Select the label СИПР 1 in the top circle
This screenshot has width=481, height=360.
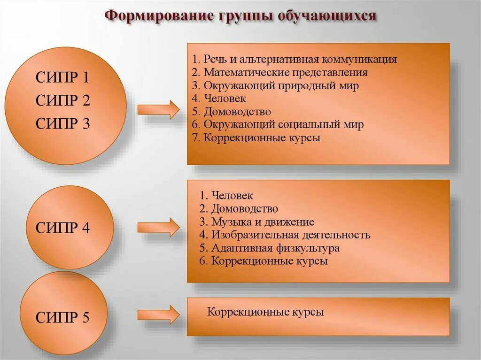pos(62,77)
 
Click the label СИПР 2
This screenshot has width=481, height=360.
pos(62,100)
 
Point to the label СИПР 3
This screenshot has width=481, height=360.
pos(62,123)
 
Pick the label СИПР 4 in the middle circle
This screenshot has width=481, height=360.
pos(62,228)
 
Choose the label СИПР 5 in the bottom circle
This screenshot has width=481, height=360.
pos(62,318)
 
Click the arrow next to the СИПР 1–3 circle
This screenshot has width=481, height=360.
pos(158,110)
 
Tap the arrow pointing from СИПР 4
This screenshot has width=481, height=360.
pos(158,227)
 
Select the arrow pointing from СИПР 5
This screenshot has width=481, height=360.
pos(158,314)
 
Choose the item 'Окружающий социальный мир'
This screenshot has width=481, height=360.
pos(278,125)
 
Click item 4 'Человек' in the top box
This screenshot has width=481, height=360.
pos(219,99)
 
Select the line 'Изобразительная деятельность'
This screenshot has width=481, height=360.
pos(285,235)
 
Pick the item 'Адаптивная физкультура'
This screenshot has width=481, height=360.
pos(269,248)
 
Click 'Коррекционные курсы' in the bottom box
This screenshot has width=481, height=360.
pos(266,312)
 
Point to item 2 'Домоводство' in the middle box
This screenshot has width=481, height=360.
pos(239,208)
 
